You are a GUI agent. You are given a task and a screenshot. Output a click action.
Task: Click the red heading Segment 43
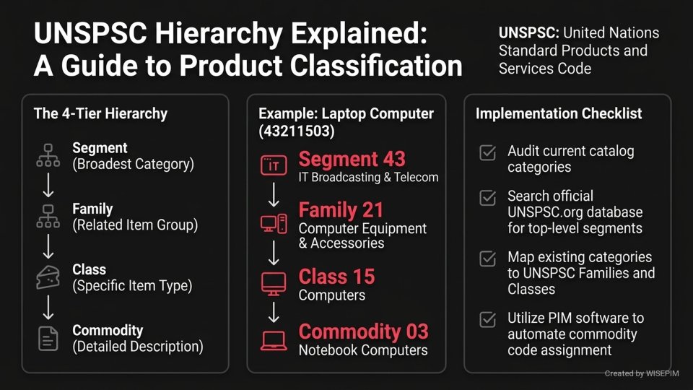(352, 159)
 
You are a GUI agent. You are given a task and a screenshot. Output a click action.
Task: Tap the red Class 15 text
(336, 277)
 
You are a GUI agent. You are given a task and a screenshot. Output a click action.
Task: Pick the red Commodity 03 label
(363, 332)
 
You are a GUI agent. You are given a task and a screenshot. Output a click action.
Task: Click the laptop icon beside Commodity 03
(273, 339)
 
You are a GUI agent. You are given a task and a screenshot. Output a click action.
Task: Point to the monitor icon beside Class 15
(273, 284)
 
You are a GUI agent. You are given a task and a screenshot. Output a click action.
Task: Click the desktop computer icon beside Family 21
(273, 225)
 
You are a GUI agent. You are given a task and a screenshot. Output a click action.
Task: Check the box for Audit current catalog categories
(487, 153)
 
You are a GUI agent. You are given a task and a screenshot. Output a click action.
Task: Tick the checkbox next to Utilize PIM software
(487, 319)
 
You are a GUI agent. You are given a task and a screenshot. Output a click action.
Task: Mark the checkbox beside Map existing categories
(487, 259)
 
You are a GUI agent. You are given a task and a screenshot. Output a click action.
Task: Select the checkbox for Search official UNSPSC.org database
(487, 197)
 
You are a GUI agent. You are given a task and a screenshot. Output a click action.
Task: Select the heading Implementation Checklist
(559, 113)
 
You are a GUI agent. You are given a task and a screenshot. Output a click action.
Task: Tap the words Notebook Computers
(362, 350)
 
